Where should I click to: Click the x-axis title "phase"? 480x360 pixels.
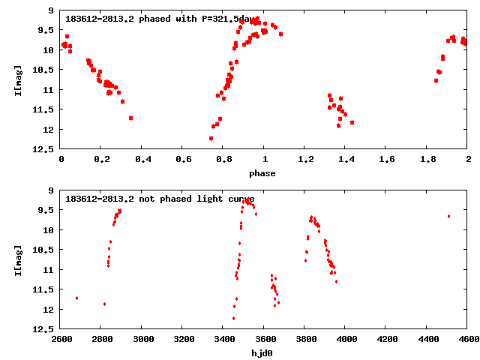click(x=263, y=173)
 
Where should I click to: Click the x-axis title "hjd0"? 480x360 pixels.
click(x=263, y=353)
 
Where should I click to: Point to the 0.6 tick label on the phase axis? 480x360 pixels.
click(x=182, y=160)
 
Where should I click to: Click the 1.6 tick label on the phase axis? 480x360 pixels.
click(x=386, y=160)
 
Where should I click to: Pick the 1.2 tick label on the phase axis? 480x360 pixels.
click(x=304, y=160)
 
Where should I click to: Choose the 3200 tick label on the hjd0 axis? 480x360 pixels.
click(x=182, y=340)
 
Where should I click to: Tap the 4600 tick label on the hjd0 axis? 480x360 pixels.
click(x=467, y=340)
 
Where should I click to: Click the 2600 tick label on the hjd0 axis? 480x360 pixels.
click(x=61, y=340)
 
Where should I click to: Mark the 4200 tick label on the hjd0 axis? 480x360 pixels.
click(x=386, y=340)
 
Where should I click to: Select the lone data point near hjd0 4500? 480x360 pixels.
click(x=448, y=216)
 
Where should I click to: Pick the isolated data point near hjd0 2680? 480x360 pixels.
click(x=76, y=298)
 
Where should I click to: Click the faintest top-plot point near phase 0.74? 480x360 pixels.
click(x=211, y=138)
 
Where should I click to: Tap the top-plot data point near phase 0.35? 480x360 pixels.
click(x=130, y=118)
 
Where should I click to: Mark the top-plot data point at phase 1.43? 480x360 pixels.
click(x=352, y=122)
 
